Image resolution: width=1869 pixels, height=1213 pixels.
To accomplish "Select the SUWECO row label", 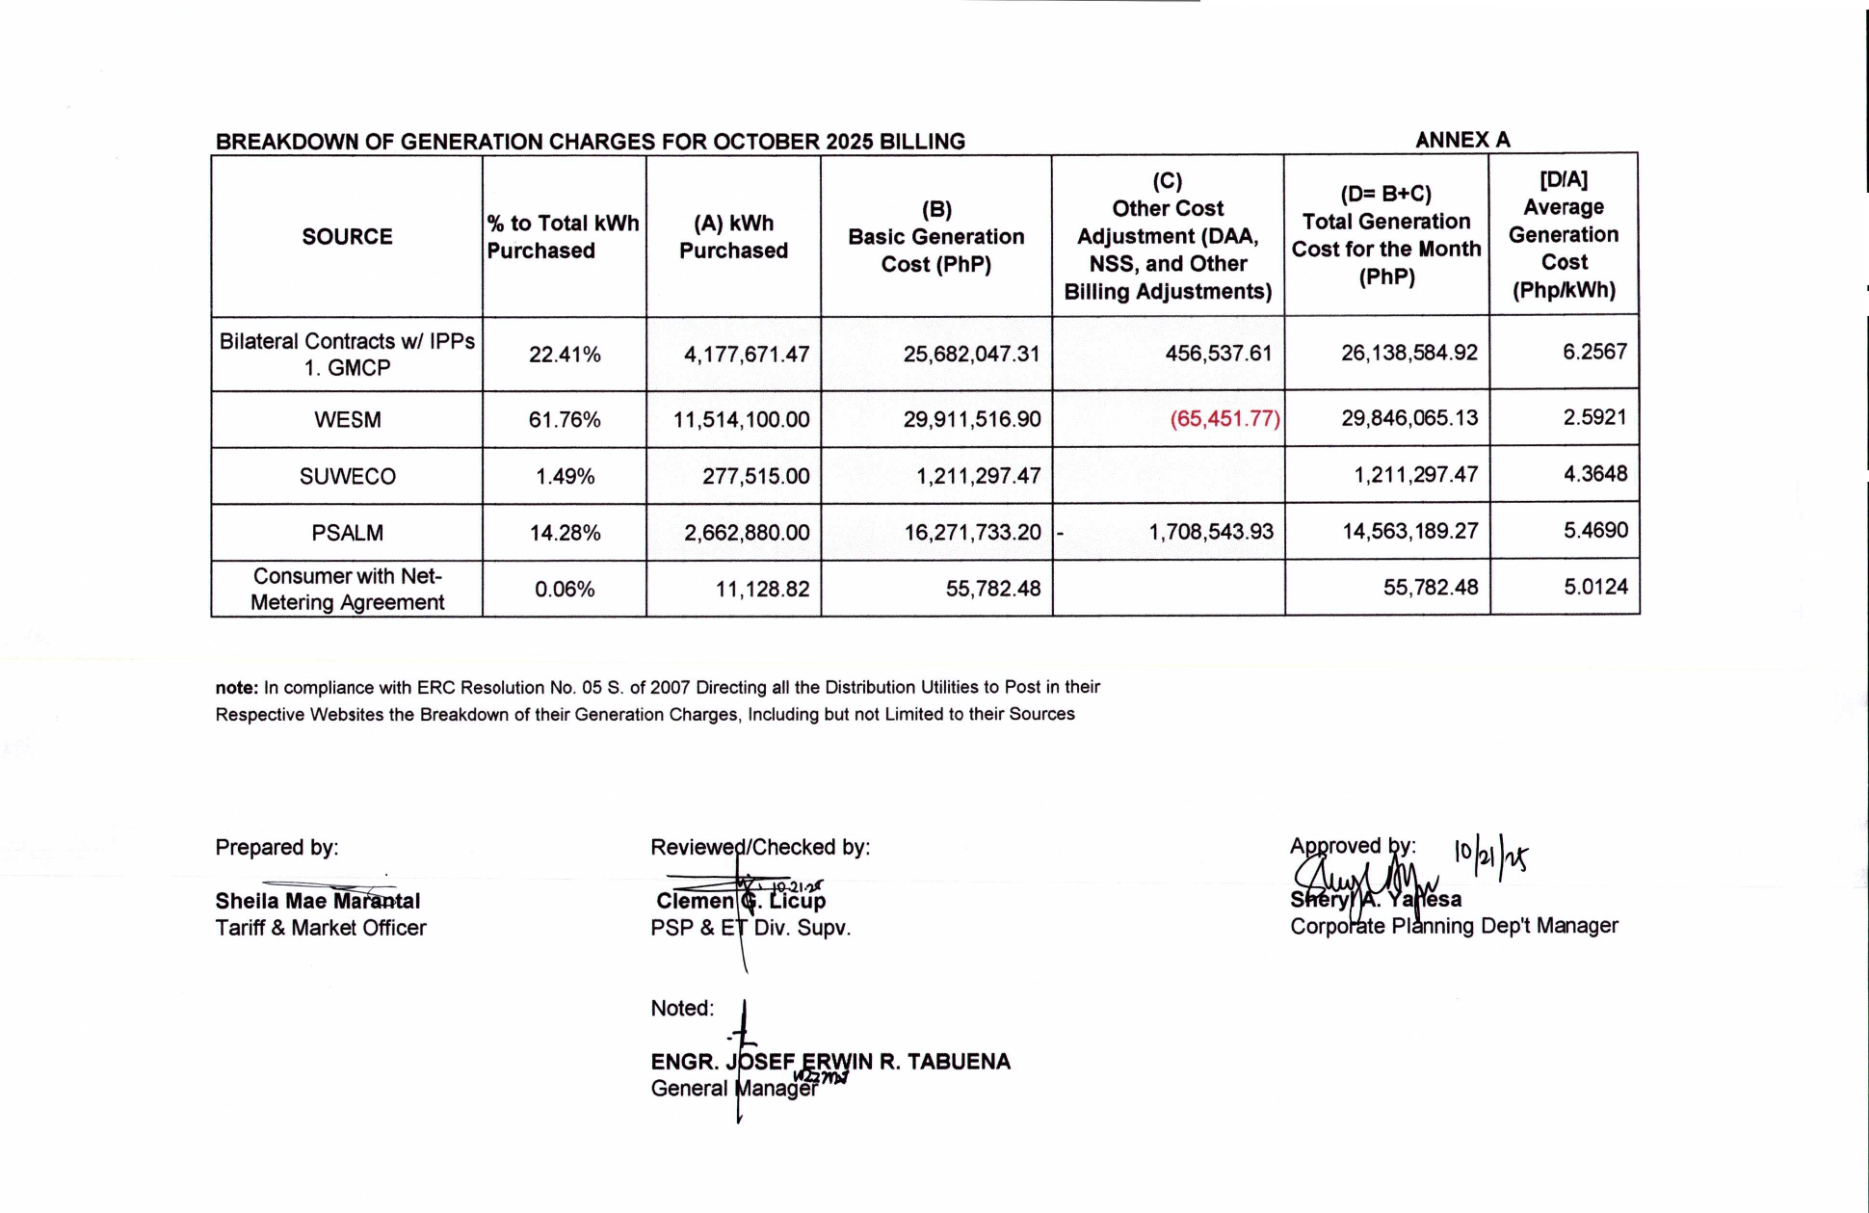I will point(347,476).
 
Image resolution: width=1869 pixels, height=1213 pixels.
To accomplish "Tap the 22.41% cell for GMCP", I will point(565,355).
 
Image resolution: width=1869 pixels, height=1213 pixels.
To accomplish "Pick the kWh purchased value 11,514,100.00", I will point(741,420).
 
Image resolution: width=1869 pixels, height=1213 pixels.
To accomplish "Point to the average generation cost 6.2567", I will point(1594,352).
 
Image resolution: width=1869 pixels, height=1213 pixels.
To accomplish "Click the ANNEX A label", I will point(1462,140).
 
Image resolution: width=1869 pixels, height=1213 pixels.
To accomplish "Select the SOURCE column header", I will point(347,237).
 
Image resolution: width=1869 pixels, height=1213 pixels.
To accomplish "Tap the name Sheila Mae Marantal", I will point(317,902).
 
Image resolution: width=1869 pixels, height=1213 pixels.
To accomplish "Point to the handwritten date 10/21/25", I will point(1490,855).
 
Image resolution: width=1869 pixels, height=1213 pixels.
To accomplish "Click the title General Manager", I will point(733,1089).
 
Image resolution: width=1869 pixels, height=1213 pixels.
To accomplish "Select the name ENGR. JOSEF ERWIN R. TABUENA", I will point(829,1062).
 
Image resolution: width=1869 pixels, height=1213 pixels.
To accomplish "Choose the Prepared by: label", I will point(276,848).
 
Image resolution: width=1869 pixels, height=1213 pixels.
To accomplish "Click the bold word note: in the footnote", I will point(236,688).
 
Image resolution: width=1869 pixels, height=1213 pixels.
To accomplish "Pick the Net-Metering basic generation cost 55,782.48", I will point(992,589).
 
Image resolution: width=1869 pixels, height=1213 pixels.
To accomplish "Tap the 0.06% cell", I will point(565,589).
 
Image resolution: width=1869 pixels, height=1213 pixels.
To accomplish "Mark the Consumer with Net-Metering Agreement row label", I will point(347,589).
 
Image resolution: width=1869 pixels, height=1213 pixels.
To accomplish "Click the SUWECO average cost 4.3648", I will point(1594,474).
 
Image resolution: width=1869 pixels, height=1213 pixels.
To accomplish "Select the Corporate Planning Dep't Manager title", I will point(1454,926).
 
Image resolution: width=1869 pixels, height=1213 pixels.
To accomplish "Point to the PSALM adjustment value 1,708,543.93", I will point(1210,532).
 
